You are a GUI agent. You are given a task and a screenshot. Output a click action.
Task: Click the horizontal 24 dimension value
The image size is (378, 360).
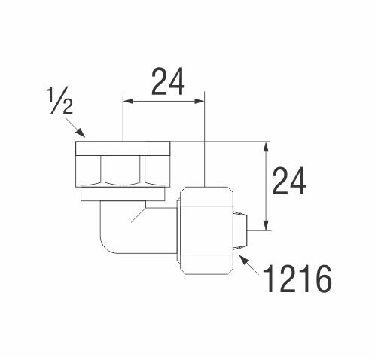pos(168,82)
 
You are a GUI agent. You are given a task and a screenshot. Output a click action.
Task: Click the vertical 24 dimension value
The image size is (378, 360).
pos(289,182)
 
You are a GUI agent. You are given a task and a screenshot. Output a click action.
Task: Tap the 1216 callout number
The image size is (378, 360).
pos(297,279)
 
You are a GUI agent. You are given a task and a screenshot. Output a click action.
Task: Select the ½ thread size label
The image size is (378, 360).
pos(59,100)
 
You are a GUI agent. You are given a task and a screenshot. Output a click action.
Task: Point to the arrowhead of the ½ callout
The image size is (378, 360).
pos(81,133)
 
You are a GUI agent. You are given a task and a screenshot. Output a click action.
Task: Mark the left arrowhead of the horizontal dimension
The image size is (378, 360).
pos(128,101)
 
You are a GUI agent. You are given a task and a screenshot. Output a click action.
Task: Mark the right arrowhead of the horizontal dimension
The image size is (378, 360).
pos(200,101)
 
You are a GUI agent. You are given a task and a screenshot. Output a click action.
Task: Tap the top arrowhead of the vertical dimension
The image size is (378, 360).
pos(266,147)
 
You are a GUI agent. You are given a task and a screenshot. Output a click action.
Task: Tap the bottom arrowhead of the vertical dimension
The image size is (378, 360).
pos(266,225)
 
